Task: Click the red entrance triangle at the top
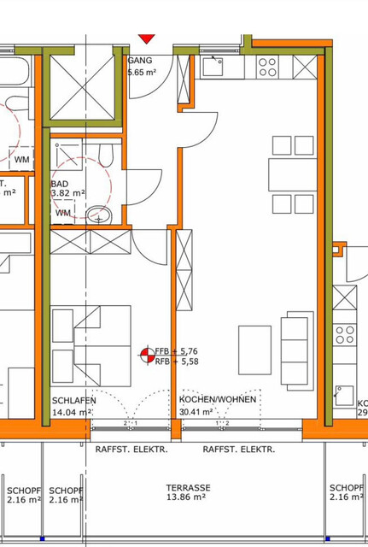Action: coord(147,38)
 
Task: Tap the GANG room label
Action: coord(139,62)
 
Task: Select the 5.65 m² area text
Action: coord(143,73)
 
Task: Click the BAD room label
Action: coord(60,184)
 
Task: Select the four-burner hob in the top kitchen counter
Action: coord(267,67)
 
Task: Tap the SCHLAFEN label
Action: coord(74,400)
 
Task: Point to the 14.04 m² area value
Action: coord(73,411)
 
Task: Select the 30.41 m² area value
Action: coord(197,411)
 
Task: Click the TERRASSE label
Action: coord(189,487)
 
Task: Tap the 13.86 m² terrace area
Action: coord(188,497)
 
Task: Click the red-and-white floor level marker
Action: coord(146,355)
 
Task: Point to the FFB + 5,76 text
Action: coord(177,350)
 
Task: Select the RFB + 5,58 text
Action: coord(177,361)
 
